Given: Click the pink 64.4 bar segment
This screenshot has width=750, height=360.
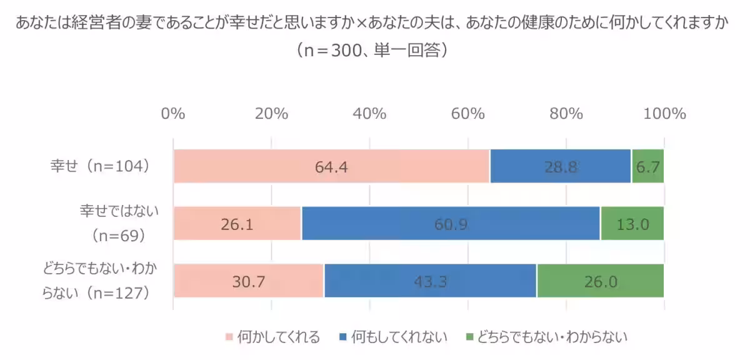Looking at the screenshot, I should click(x=331, y=166).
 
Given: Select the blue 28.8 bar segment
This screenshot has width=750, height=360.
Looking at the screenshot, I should click(x=561, y=166).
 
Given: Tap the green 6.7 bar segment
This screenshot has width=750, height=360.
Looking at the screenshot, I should click(x=648, y=166).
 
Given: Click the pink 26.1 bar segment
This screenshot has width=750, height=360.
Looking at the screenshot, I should click(x=237, y=223).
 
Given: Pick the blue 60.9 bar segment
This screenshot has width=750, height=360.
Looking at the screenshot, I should click(x=451, y=223).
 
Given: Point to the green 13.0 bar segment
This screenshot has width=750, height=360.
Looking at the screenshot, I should click(x=632, y=223).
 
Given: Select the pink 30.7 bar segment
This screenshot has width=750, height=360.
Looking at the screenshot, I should click(x=249, y=281).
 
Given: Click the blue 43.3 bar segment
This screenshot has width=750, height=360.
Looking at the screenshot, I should click(x=430, y=281).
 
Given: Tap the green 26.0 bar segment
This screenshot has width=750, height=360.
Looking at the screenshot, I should click(x=601, y=281).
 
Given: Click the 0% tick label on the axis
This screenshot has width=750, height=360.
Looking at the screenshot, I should click(x=173, y=114).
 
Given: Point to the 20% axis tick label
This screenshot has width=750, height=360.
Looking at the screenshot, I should click(x=271, y=114).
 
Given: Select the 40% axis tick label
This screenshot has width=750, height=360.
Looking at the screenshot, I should click(x=369, y=114).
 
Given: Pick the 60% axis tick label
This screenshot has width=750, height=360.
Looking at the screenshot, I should click(x=468, y=114).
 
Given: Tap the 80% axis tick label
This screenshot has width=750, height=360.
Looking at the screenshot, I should click(x=566, y=114).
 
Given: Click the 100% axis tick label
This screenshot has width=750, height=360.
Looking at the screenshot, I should click(x=664, y=114).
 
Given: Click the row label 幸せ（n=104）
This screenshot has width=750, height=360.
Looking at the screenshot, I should click(x=100, y=166).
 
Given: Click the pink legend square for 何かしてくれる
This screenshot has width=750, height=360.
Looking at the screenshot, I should click(x=229, y=337).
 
